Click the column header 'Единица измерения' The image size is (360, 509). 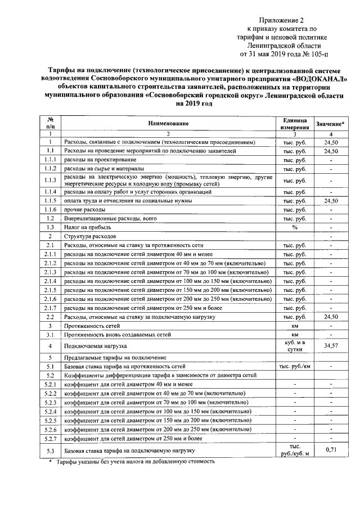pos(294,123)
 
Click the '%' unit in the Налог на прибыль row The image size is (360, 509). pos(294,227)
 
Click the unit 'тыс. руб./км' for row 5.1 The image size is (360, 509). pos(294,366)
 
